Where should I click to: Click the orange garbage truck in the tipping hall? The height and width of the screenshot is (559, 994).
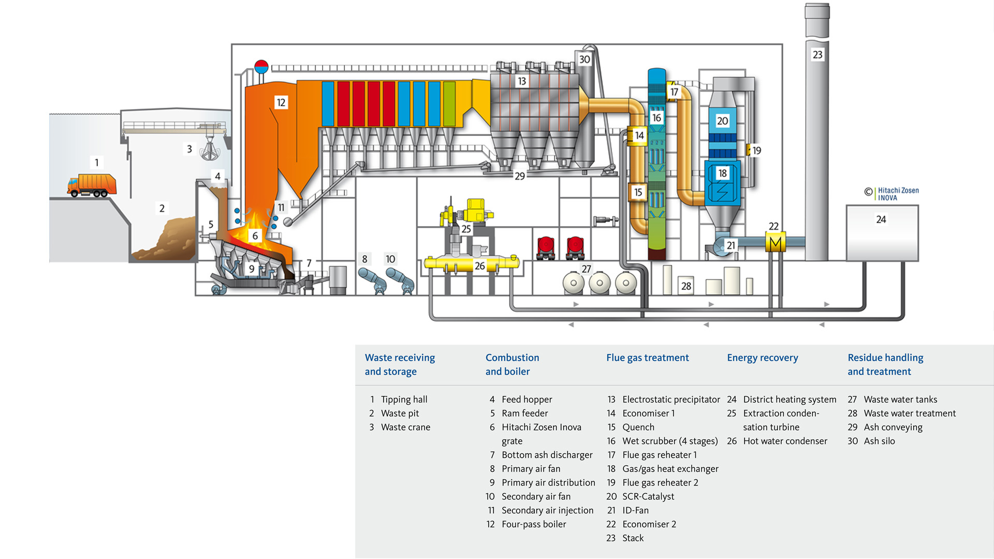pos(92,185)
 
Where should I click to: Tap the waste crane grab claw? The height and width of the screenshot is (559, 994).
pos(210,151)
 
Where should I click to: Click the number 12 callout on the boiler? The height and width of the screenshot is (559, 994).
pos(281,102)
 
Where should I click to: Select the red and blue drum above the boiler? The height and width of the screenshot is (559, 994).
pos(261,67)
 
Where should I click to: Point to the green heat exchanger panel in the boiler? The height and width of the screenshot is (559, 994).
pos(449,104)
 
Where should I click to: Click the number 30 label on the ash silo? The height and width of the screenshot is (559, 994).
pos(584,60)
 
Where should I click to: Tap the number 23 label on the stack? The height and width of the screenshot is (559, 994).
pos(817,54)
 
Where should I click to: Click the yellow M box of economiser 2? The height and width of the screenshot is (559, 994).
pos(775,243)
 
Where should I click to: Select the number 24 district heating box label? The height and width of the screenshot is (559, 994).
pos(881,219)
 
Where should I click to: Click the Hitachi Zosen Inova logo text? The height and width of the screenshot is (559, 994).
pos(898,194)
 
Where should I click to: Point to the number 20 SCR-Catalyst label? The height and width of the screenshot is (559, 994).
pos(722,121)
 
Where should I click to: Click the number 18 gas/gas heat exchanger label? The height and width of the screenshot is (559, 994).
pos(722,173)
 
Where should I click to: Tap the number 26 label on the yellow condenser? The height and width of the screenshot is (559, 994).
pos(480,266)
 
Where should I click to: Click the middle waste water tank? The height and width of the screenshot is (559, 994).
pos(600,283)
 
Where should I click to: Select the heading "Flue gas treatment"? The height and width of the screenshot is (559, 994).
pos(647,358)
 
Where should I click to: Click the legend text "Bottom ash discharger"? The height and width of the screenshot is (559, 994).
pos(547,455)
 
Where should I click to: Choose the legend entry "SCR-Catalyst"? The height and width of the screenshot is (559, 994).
pos(648,496)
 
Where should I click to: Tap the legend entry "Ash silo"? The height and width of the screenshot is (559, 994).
pos(879,441)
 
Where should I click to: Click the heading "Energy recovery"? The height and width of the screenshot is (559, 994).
pos(762,358)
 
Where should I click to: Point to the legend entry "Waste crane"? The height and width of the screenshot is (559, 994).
pos(405,427)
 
